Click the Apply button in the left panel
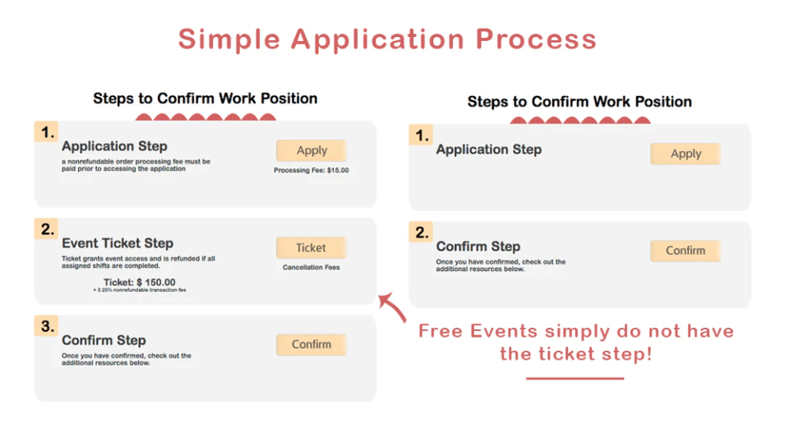click(x=311, y=150)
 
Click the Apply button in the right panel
click(x=685, y=154)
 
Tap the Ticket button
click(x=311, y=247)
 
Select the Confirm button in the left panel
click(x=311, y=344)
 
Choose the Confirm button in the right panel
click(x=685, y=251)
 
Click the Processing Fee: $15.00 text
click(x=311, y=171)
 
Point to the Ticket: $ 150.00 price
click(x=139, y=282)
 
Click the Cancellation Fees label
click(x=311, y=268)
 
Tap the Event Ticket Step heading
click(x=118, y=243)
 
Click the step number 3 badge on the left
click(x=46, y=327)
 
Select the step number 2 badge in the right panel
click(x=421, y=232)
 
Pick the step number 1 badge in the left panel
click(x=46, y=132)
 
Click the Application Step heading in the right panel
click(x=488, y=149)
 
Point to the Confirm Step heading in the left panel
click(x=104, y=340)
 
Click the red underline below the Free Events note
click(x=574, y=379)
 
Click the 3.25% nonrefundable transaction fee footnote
click(x=140, y=291)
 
